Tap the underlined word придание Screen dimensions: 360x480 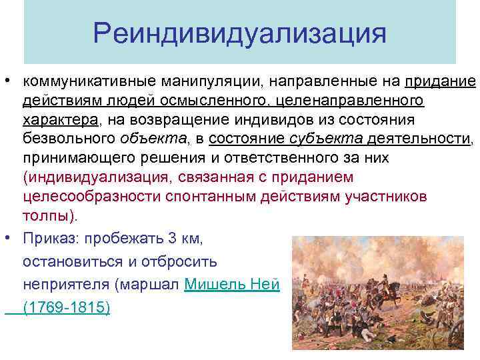click(x=439, y=82)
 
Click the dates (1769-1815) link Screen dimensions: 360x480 click(x=66, y=308)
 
